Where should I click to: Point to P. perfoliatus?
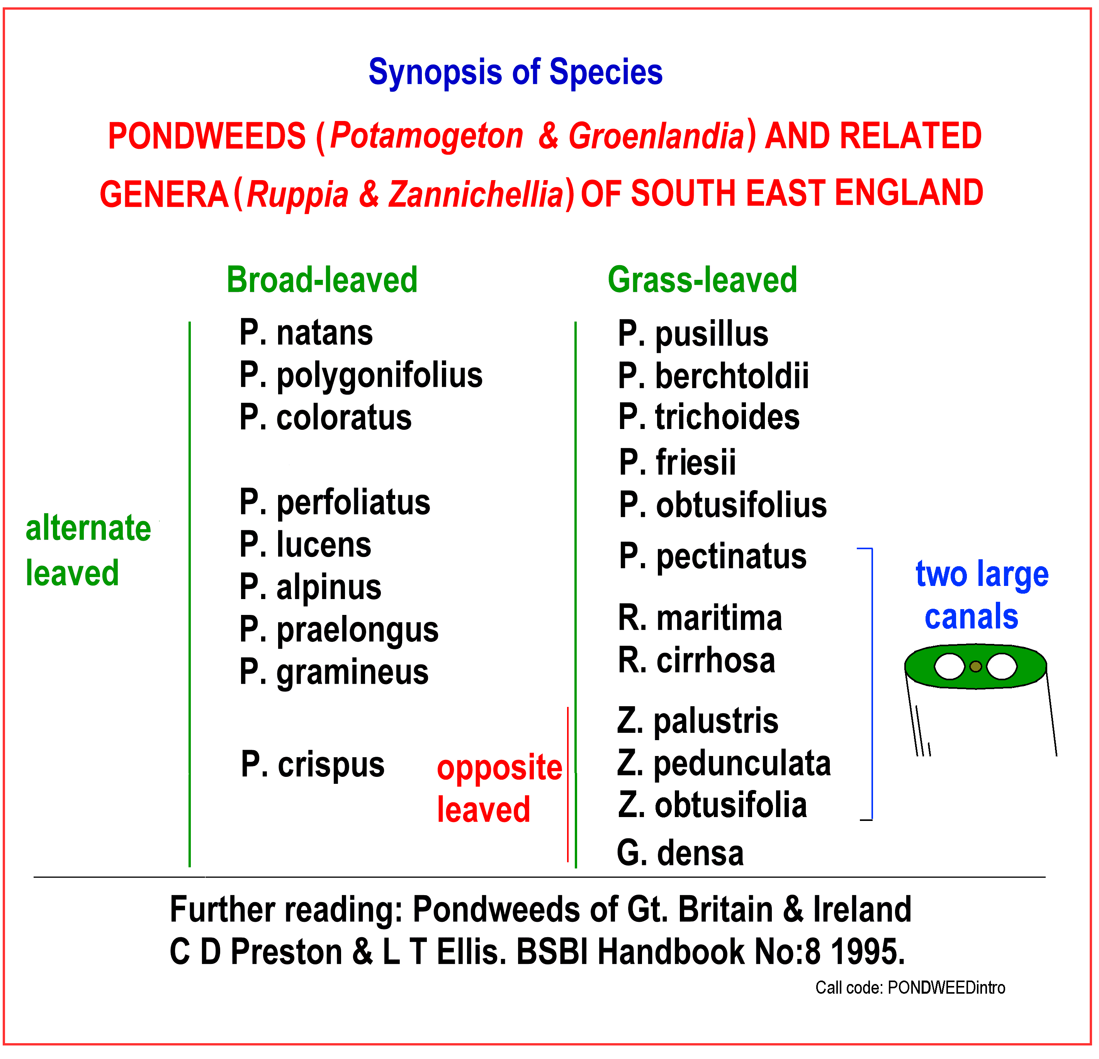click(335, 502)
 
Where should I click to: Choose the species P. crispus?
click(313, 766)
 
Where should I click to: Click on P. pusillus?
click(693, 335)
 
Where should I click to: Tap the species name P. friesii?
click(677, 462)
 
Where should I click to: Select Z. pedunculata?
click(724, 764)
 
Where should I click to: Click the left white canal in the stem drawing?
click(949, 666)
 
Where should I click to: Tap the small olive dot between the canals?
click(976, 666)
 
